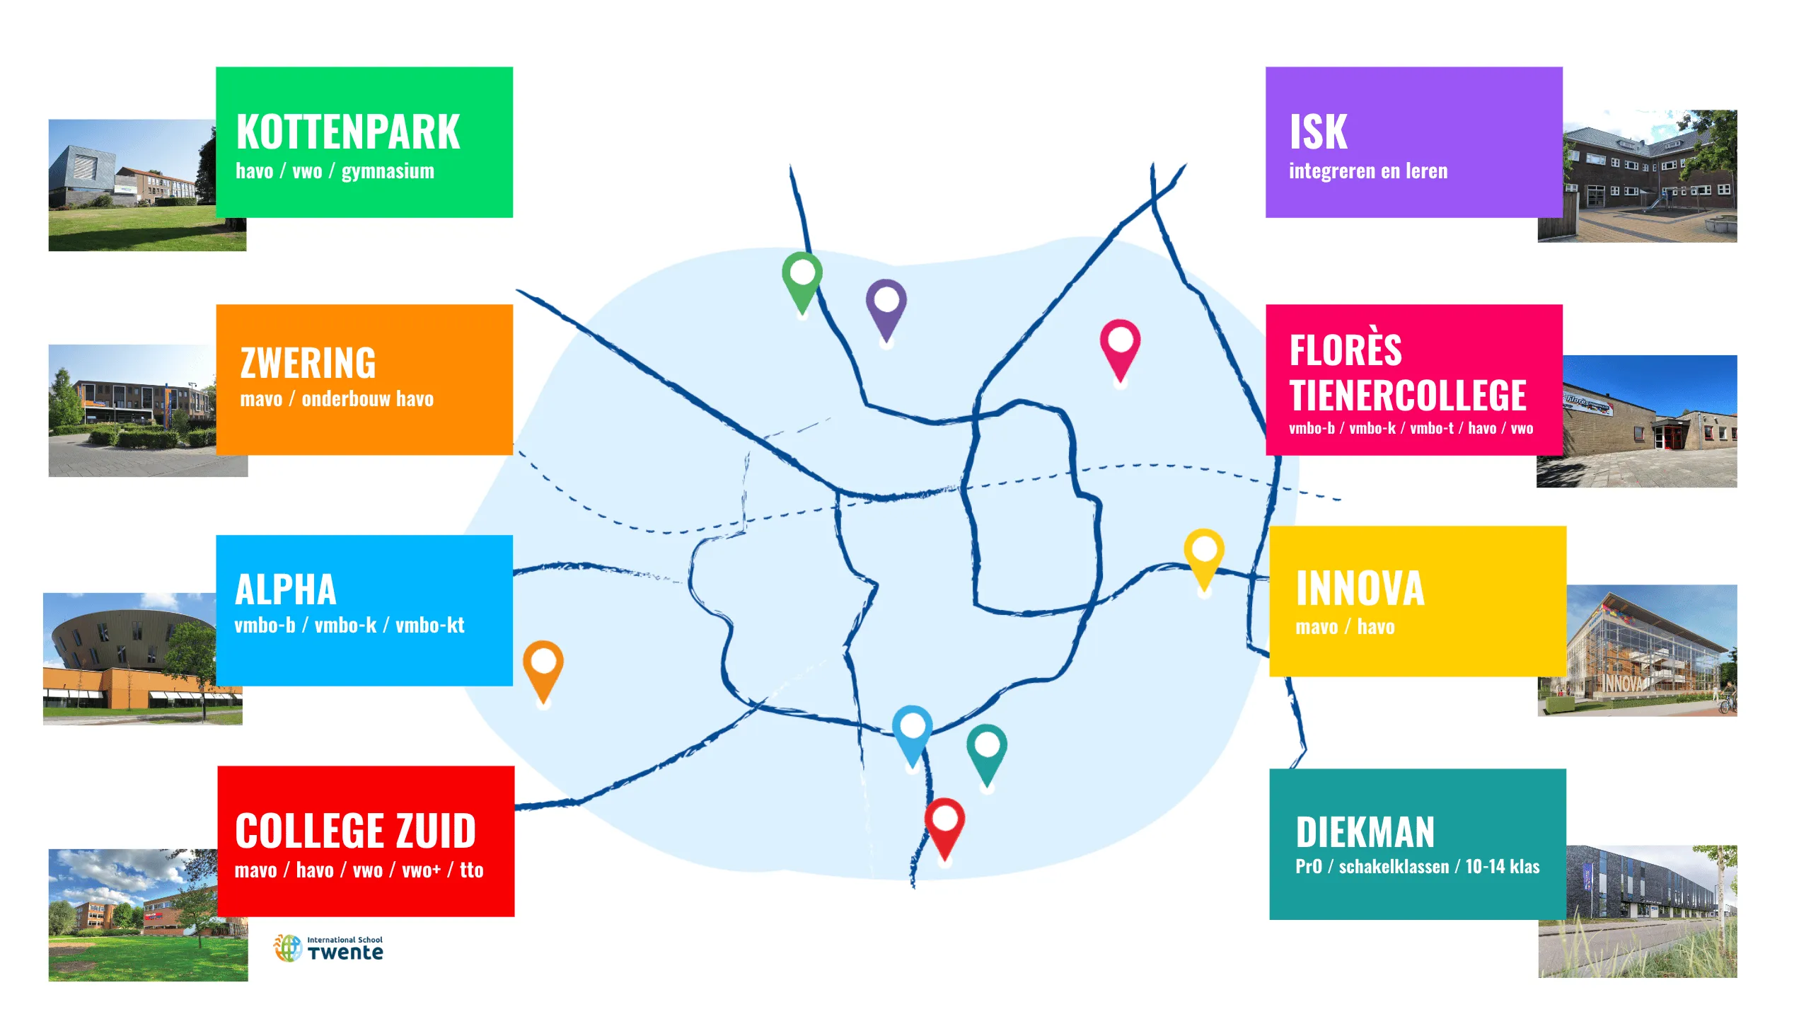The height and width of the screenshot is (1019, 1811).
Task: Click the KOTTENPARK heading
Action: tap(348, 132)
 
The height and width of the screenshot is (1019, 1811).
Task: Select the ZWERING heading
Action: tap(308, 363)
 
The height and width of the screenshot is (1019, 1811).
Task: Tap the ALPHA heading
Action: tap(285, 590)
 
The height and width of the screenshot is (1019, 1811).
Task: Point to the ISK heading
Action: tap(1318, 132)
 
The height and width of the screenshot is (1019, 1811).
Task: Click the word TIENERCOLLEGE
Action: tap(1407, 395)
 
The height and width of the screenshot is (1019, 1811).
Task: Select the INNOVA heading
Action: tap(1360, 589)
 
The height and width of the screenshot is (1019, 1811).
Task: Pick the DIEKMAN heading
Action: tap(1365, 832)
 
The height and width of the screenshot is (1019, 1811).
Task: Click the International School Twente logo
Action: tap(329, 948)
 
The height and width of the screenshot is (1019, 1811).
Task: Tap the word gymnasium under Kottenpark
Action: tap(388, 171)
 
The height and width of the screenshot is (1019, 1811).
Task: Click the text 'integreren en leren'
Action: tap(1367, 171)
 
